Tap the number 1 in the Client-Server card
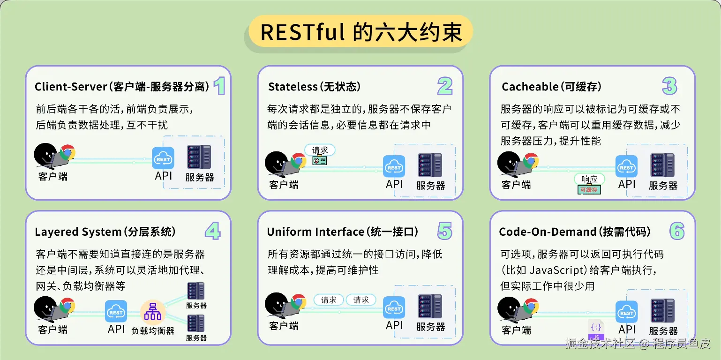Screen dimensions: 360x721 (219, 86)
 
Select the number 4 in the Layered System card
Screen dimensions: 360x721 (212, 231)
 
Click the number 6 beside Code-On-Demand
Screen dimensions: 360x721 (676, 231)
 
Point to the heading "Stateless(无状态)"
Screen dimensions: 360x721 (314, 87)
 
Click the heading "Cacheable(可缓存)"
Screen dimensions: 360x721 (551, 87)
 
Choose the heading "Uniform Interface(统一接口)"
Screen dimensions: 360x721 (343, 232)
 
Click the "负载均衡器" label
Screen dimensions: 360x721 (153, 331)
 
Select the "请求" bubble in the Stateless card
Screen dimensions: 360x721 (320, 150)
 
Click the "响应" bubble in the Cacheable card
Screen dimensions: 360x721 (589, 179)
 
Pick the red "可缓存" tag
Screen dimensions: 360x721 (589, 190)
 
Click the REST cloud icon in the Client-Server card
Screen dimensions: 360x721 (163, 158)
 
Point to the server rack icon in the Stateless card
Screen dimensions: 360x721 (430, 165)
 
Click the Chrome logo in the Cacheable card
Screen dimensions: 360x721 (531, 161)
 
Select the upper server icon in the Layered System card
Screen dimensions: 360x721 (196, 291)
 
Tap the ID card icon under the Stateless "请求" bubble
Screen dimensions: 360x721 (320, 161)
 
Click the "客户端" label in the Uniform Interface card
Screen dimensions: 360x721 (284, 325)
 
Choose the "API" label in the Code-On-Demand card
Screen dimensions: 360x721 (627, 329)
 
